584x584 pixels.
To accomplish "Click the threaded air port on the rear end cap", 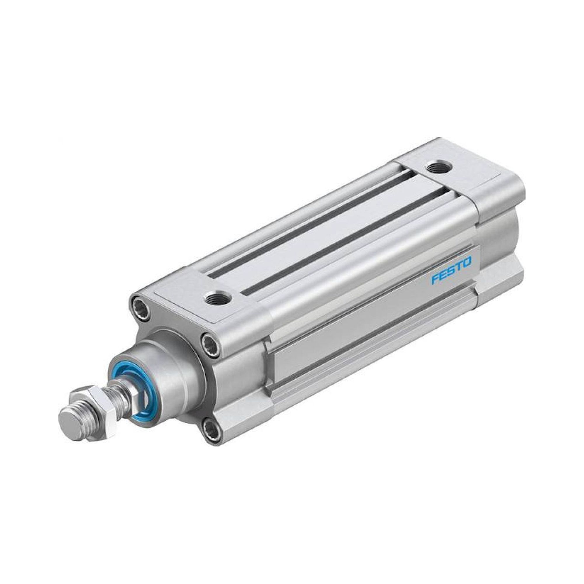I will tap(438, 167).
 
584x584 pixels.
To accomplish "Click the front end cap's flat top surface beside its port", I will tap(181, 290).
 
